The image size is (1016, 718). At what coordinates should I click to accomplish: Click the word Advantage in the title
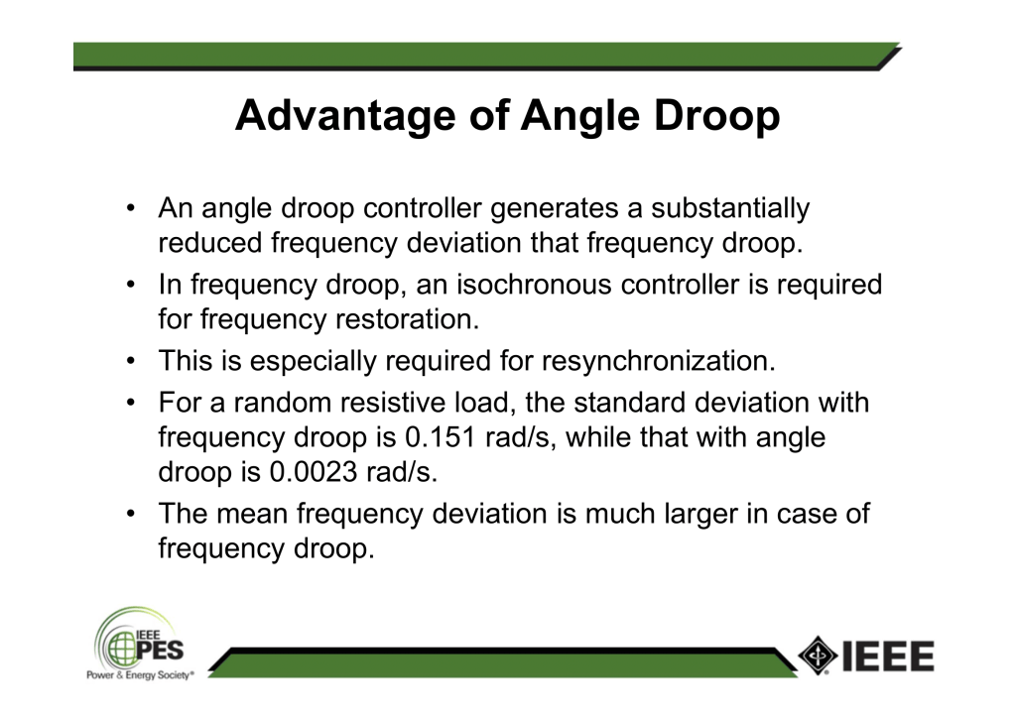(346, 117)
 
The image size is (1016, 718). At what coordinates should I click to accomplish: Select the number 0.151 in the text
(440, 437)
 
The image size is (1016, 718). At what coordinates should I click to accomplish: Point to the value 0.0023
(313, 471)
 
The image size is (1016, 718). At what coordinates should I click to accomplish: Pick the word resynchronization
(659, 361)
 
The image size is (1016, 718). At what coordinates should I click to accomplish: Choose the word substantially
(730, 208)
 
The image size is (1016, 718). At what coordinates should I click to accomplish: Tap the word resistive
(392, 402)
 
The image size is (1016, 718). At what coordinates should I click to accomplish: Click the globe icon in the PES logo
(121, 649)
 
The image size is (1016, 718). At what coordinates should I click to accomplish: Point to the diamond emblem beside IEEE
(818, 656)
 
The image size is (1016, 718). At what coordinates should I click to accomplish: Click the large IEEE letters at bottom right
(888, 656)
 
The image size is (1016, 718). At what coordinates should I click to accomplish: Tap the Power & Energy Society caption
(139, 675)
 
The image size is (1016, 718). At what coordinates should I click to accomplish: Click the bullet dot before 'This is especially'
(131, 361)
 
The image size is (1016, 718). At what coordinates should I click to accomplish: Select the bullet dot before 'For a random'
(131, 402)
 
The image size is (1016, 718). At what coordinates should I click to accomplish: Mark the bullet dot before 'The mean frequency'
(131, 514)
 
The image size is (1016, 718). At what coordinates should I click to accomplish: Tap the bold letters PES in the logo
(160, 650)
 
